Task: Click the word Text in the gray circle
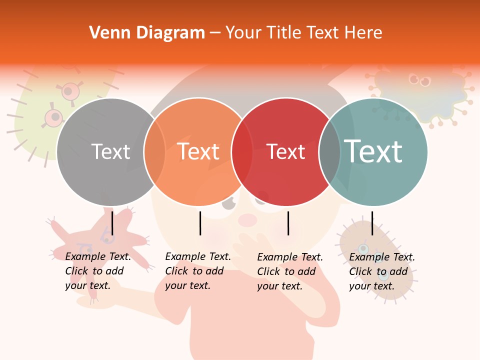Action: (110, 151)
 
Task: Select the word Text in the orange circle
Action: (198, 151)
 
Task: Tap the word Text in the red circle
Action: (285, 151)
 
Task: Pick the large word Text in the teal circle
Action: (373, 151)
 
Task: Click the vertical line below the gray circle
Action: (112, 223)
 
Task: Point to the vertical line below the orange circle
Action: (200, 223)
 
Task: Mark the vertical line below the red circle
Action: (288, 223)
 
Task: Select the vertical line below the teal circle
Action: (372, 223)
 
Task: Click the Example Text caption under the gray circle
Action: (98, 271)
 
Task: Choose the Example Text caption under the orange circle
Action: (198, 271)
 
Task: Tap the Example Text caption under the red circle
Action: (290, 271)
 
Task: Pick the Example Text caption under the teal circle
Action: (382, 271)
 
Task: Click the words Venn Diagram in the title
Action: (147, 33)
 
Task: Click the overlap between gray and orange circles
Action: (154, 151)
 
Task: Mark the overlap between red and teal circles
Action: (329, 151)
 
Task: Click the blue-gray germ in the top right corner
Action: (423, 95)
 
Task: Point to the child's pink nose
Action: (247, 219)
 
